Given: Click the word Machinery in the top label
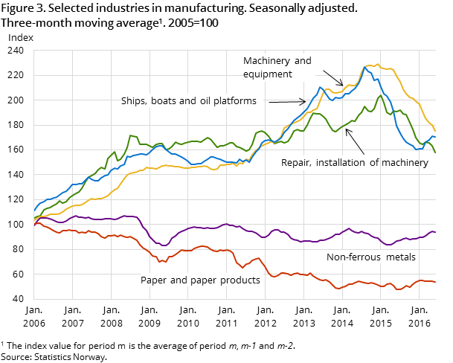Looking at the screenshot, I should point(268,61).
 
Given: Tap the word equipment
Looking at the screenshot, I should point(268,74).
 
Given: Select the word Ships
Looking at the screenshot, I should point(135,101).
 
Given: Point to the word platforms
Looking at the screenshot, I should point(233,101).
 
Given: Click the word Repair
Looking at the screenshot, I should point(296,163).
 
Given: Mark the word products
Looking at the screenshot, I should point(240,280).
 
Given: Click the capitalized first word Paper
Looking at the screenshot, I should point(154,280).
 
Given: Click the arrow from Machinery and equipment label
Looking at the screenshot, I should point(332,78).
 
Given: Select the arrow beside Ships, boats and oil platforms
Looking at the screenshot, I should point(287,101).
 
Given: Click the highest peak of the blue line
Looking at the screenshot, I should point(365,67).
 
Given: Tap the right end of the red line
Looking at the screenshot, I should point(435,282).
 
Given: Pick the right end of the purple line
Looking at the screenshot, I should point(435,232).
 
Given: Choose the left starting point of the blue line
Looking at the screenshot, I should point(34,211).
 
